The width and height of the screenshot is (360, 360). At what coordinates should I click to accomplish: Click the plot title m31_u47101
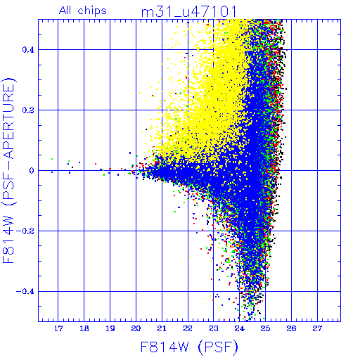click(x=189, y=11)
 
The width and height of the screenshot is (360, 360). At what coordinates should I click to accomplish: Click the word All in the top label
click(x=65, y=11)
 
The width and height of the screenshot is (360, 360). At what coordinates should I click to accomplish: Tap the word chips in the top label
click(x=92, y=11)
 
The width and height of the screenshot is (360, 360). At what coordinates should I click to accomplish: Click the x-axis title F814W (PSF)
click(x=189, y=347)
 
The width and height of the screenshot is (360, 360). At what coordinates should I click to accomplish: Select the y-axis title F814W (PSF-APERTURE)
click(x=9, y=170)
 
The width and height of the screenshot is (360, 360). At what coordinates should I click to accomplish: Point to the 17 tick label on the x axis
click(x=58, y=328)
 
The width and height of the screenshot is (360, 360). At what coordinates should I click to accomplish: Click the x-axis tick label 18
click(x=84, y=328)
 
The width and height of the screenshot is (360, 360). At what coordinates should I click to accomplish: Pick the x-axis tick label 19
click(x=110, y=328)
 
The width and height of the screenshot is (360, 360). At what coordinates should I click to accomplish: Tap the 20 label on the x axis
click(x=136, y=328)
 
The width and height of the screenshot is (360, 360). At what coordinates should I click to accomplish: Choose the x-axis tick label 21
click(x=162, y=328)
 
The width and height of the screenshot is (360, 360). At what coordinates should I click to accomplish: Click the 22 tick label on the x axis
click(x=188, y=328)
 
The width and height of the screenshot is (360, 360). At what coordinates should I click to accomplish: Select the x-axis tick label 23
click(x=214, y=328)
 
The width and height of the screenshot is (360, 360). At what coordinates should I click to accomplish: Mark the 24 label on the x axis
click(x=240, y=328)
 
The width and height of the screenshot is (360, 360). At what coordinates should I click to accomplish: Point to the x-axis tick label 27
click(x=317, y=328)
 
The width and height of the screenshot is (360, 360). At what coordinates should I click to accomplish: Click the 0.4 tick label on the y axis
click(x=28, y=50)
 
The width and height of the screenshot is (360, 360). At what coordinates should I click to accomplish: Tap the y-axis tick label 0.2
click(x=28, y=110)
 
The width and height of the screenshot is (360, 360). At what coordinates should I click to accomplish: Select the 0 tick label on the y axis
click(x=32, y=171)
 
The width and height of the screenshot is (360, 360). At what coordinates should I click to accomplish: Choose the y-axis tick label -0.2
click(x=25, y=231)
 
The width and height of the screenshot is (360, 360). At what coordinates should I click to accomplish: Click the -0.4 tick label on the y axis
click(x=25, y=292)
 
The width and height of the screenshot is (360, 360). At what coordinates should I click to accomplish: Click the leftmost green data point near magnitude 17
click(x=52, y=159)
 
